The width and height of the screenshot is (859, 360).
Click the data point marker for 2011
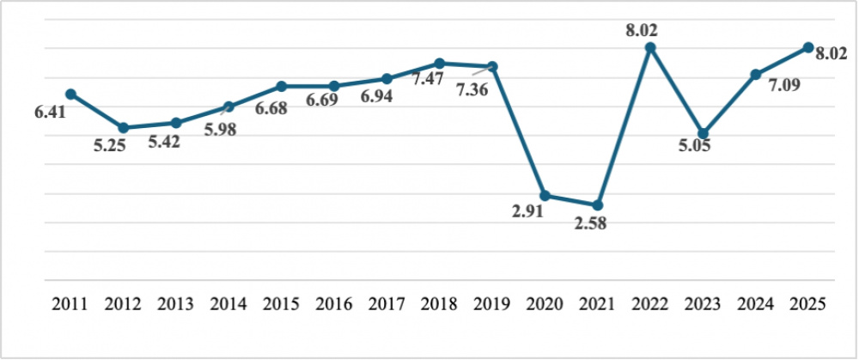click(70, 94)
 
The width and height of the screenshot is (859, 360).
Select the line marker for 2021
click(598, 205)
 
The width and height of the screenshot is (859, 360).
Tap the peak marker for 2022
click(650, 47)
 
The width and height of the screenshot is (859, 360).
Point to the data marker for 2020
click(545, 196)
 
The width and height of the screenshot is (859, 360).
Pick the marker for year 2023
click(703, 133)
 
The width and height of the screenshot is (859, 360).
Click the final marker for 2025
click(808, 47)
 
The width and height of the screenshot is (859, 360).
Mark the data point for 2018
click(439, 64)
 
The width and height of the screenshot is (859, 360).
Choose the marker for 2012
click(124, 128)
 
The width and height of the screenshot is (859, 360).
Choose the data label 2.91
click(529, 212)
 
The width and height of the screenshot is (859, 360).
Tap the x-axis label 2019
click(492, 303)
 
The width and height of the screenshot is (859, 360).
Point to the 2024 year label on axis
click(756, 303)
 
